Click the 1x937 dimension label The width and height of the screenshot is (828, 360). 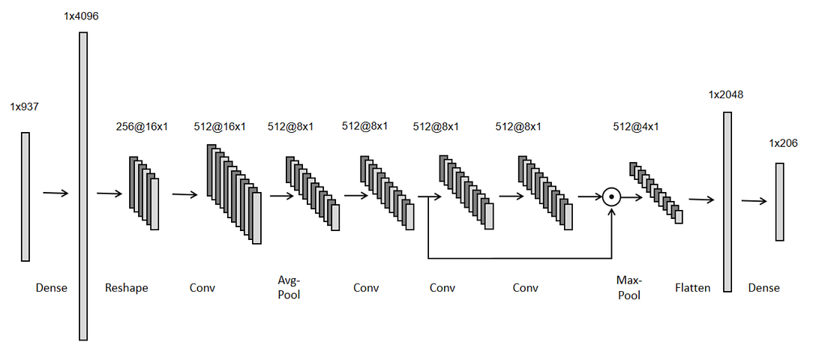point(24,107)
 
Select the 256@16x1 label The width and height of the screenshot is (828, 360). point(142,126)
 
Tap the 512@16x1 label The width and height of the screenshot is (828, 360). point(220,126)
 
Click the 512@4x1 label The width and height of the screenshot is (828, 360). point(636,126)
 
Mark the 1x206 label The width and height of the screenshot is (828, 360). point(783,142)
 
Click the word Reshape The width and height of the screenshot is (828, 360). point(127,288)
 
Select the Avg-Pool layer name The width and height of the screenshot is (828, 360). point(289,287)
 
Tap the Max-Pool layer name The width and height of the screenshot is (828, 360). point(628,287)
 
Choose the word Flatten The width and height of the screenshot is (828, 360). point(692,288)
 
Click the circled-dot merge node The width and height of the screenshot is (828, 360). point(613,197)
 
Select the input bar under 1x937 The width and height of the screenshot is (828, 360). point(25,196)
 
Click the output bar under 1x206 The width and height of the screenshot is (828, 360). point(780,202)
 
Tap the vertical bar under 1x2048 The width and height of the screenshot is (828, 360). point(727,201)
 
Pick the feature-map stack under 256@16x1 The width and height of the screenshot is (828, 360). point(144,193)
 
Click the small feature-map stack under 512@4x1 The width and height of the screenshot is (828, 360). point(656,193)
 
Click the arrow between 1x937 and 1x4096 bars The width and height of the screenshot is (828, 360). point(55,193)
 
